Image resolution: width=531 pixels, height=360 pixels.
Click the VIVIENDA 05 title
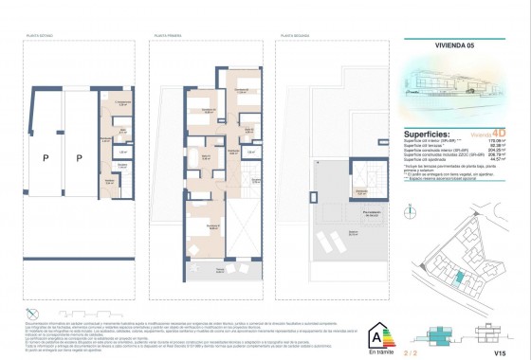pyautogui.click(x=428, y=43)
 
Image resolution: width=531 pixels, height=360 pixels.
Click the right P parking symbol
pyautogui.click(x=80, y=157)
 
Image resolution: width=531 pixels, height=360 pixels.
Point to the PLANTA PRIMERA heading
pyautogui.click(x=166, y=35)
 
